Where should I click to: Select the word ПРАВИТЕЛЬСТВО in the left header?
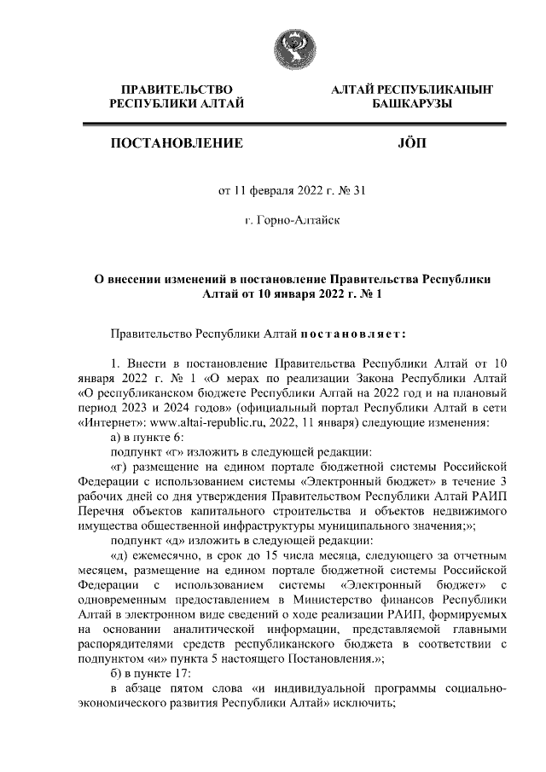coord(177,89)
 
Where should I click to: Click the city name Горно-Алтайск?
coord(293,221)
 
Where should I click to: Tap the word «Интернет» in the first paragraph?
coord(113,420)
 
